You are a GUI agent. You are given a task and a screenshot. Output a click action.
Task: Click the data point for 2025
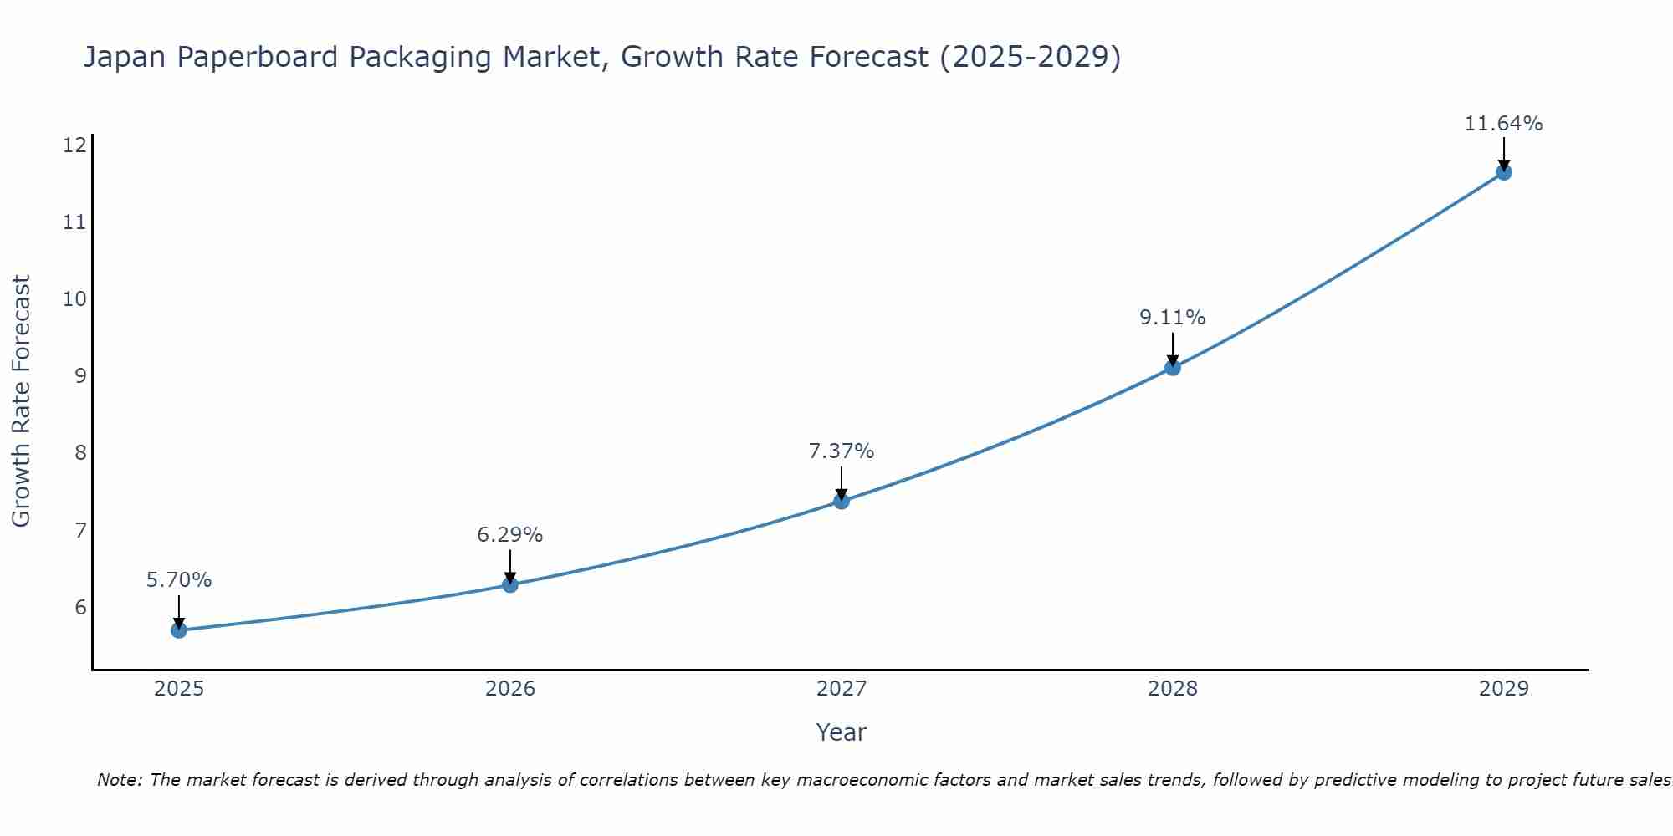[x=179, y=630]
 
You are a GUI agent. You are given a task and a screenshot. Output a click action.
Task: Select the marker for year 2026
[x=510, y=584]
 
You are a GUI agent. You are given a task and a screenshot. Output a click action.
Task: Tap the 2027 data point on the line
[x=842, y=501]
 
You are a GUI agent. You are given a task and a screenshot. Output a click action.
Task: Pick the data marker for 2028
[x=1173, y=367]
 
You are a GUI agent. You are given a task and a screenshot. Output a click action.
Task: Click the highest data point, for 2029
[x=1503, y=172]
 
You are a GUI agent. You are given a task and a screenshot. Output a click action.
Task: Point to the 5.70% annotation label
[x=179, y=579]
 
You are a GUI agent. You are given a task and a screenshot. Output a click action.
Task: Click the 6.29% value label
[x=510, y=534]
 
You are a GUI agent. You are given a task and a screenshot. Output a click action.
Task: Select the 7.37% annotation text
[x=842, y=451]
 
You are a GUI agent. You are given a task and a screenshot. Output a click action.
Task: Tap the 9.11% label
[x=1173, y=317]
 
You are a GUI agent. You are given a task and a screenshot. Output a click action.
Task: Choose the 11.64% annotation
[x=1503, y=124]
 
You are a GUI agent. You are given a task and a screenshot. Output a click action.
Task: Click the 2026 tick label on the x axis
[x=510, y=689]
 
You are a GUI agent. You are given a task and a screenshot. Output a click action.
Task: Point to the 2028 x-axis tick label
[x=1173, y=689]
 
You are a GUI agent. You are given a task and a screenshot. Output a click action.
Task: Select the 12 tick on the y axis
[x=74, y=145]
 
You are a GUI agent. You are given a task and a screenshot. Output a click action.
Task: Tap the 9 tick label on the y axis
[x=80, y=376]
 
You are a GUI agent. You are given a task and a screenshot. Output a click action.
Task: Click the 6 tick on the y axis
[x=80, y=607]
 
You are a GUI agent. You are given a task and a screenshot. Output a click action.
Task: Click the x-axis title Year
[x=842, y=732]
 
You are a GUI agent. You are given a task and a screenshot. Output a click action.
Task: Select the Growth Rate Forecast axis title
[x=21, y=401]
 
